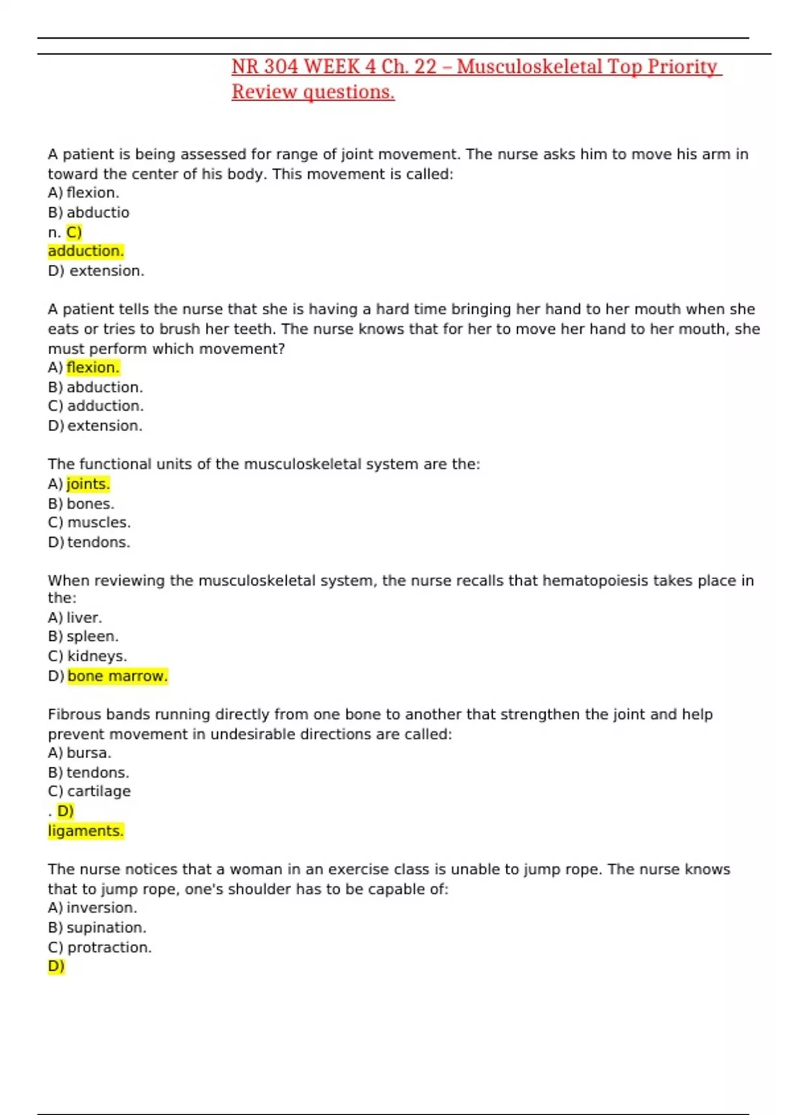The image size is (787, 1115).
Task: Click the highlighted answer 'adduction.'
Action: [85, 251]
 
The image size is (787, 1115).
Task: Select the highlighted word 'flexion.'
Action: [92, 367]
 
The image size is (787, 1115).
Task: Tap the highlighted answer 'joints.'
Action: [88, 484]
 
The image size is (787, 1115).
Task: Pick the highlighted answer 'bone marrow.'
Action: [117, 676]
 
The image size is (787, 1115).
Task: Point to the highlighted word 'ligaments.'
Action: [85, 831]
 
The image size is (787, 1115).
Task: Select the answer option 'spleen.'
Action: [92, 636]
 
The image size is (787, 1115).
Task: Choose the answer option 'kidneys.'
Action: [97, 656]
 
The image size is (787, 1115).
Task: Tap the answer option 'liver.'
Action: [84, 618]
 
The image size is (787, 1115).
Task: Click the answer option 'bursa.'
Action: [89, 753]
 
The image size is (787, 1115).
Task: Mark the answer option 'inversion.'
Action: [102, 908]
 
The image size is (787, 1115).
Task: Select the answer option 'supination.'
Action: [106, 927]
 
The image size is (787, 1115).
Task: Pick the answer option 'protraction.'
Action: [109, 947]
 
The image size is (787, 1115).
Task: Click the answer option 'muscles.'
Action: [99, 523]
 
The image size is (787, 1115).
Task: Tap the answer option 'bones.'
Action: [91, 504]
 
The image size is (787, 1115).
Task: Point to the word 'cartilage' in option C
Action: [99, 792]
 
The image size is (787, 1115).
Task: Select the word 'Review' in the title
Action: [264, 92]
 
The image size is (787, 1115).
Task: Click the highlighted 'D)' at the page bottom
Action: [56, 966]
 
